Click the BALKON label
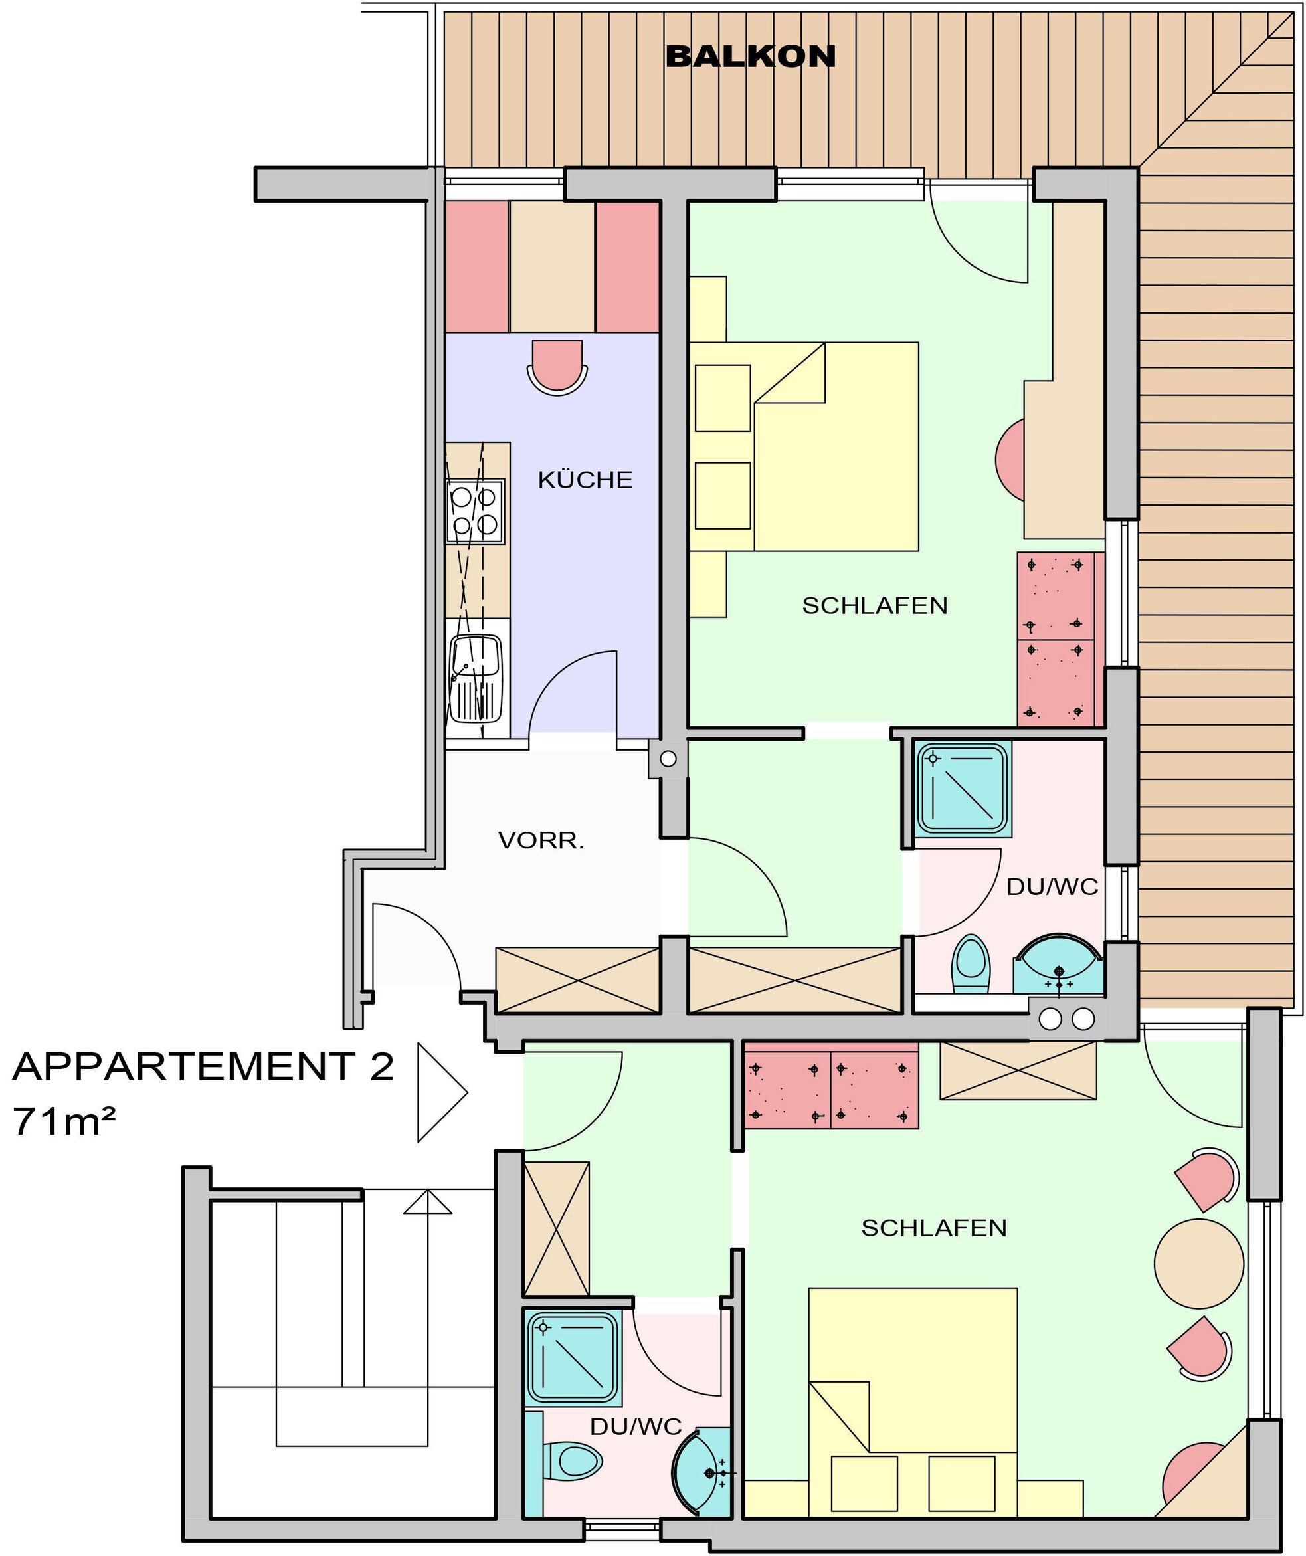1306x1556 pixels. click(x=751, y=57)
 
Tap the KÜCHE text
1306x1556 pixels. click(x=585, y=480)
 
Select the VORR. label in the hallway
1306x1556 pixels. click(x=541, y=841)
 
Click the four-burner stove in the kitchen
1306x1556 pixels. click(x=475, y=512)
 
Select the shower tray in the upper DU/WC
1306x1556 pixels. click(x=963, y=789)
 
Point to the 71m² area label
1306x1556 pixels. click(x=64, y=1121)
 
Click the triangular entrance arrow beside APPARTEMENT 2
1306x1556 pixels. click(x=442, y=1092)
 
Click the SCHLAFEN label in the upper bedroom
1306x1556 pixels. click(x=875, y=605)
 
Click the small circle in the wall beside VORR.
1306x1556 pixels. click(x=668, y=759)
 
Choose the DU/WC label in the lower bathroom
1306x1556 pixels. click(x=636, y=1426)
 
